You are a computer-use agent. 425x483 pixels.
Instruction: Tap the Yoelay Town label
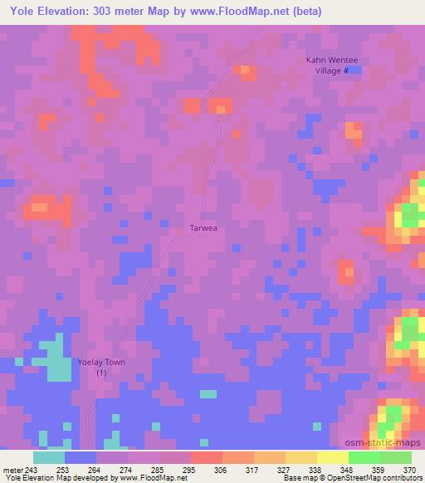[x=101, y=362]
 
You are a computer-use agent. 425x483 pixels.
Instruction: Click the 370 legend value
[x=409, y=469]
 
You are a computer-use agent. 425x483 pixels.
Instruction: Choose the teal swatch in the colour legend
[x=49, y=457]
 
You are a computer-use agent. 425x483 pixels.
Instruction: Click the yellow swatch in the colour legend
[x=332, y=457]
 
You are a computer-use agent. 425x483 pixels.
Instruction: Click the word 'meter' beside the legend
[x=13, y=469]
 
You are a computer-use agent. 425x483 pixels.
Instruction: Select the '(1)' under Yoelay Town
[x=101, y=373]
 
